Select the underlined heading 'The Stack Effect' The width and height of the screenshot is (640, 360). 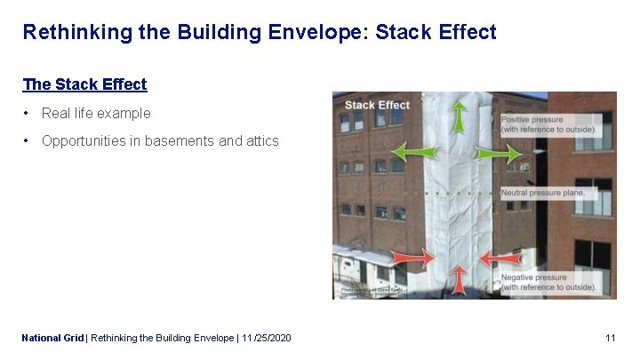coord(84,84)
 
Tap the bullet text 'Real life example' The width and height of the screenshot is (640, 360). coord(96,113)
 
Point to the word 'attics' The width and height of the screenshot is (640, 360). coord(260,140)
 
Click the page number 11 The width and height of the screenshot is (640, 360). coord(610,338)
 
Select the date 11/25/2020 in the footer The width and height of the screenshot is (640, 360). coord(266,338)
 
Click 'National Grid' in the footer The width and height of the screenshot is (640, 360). coord(52,338)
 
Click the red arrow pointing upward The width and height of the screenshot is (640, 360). coord(459,280)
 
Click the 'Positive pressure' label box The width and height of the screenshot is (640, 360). coord(548,124)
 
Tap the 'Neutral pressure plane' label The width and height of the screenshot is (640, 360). coord(543,193)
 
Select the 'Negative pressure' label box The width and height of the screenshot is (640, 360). coord(548,283)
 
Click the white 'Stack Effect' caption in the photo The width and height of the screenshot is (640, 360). coord(377,105)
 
